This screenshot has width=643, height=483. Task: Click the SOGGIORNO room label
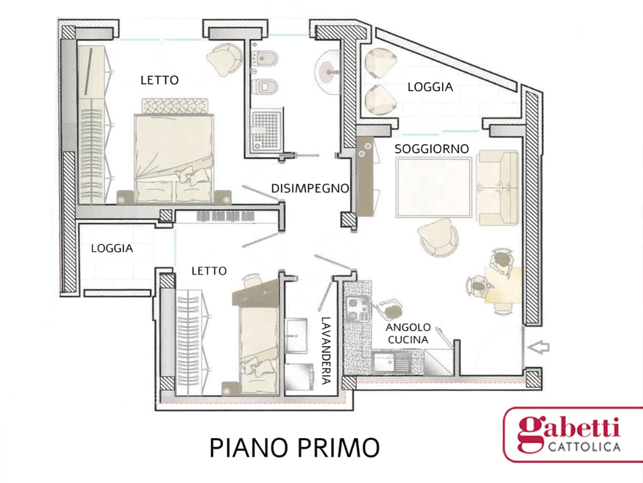(431, 148)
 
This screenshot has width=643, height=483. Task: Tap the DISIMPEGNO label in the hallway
(310, 189)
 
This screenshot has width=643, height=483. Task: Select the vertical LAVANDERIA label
(326, 350)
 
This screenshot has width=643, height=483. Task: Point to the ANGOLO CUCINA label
(407, 333)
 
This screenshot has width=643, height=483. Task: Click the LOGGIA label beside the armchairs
(430, 87)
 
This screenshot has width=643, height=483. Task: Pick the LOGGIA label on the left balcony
(112, 248)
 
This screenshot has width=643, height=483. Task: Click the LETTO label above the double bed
(159, 80)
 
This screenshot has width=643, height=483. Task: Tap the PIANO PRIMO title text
(294, 447)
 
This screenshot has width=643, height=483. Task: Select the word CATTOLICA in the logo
(583, 447)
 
